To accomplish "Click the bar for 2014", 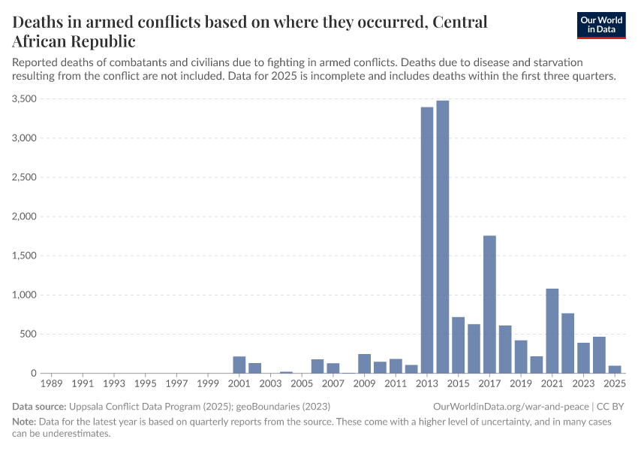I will click(443, 237).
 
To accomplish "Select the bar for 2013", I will click(427, 241).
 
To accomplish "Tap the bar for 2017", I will click(489, 304).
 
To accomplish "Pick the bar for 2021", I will click(552, 331).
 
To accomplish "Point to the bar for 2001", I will click(239, 365).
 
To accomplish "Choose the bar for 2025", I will click(615, 369).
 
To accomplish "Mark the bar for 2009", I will click(364, 364).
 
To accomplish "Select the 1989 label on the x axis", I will click(52, 383).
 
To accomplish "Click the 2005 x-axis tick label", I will click(302, 383).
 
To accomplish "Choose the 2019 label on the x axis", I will click(521, 383).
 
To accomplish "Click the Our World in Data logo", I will click(600, 25).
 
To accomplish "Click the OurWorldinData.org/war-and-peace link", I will click(512, 406).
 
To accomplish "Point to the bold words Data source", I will click(38, 406).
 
